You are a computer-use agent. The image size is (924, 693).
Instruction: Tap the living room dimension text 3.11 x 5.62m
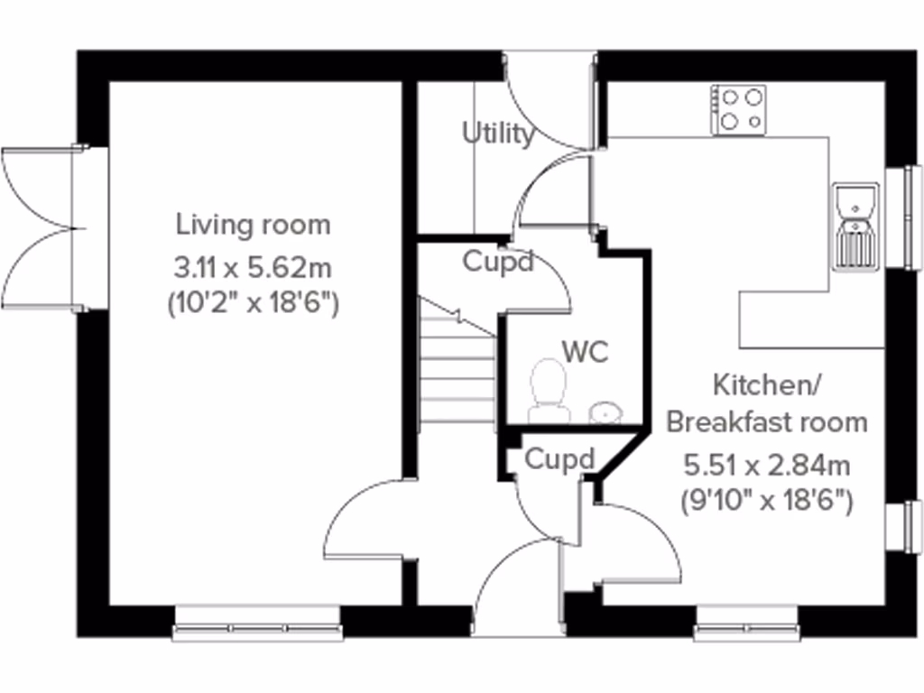click(253, 267)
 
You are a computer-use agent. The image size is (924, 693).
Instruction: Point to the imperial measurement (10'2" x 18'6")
click(253, 304)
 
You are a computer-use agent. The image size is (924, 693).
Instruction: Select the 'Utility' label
click(498, 134)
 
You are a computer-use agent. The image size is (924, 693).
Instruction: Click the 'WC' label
click(585, 350)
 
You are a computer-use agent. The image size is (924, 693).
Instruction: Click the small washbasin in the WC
click(605, 411)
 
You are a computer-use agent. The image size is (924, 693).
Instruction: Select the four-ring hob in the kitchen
click(739, 110)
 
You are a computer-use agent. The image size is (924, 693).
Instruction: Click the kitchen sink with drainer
click(855, 226)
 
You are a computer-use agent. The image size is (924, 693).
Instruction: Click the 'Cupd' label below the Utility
click(498, 262)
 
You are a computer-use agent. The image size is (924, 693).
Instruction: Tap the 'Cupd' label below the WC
click(559, 459)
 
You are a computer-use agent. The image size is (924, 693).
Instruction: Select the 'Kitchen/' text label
click(766, 385)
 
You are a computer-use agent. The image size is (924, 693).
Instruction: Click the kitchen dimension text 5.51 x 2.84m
click(766, 466)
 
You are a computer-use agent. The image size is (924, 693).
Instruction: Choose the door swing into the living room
click(365, 523)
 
